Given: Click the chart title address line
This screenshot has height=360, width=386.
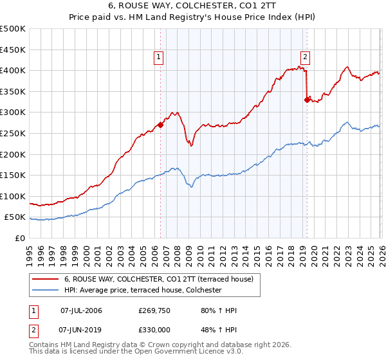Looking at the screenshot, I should click(193, 5).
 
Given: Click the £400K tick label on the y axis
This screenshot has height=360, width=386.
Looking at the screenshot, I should click(13, 70).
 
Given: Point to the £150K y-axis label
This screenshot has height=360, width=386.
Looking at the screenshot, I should click(13, 175).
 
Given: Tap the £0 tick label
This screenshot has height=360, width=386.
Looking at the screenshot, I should click(21, 238).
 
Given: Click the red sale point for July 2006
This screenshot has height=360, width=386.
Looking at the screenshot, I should click(160, 125).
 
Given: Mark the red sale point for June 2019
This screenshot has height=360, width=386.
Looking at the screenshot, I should click(307, 99).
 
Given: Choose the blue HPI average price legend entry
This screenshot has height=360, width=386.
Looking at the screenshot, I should click(142, 291).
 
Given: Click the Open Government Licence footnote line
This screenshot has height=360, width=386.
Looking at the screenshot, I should click(127, 352).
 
